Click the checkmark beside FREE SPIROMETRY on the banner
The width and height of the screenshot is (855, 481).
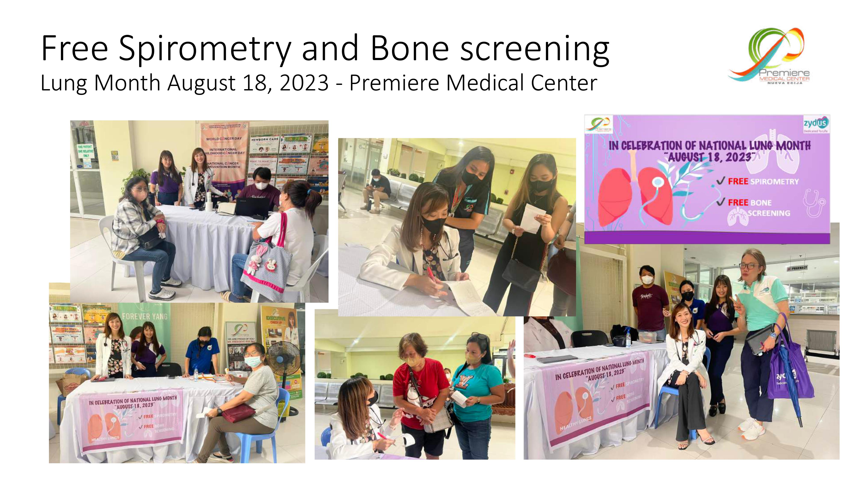click(721, 181)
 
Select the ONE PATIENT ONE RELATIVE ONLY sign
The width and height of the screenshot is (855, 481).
click(85, 151)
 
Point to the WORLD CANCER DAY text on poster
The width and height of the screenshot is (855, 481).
click(224, 139)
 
